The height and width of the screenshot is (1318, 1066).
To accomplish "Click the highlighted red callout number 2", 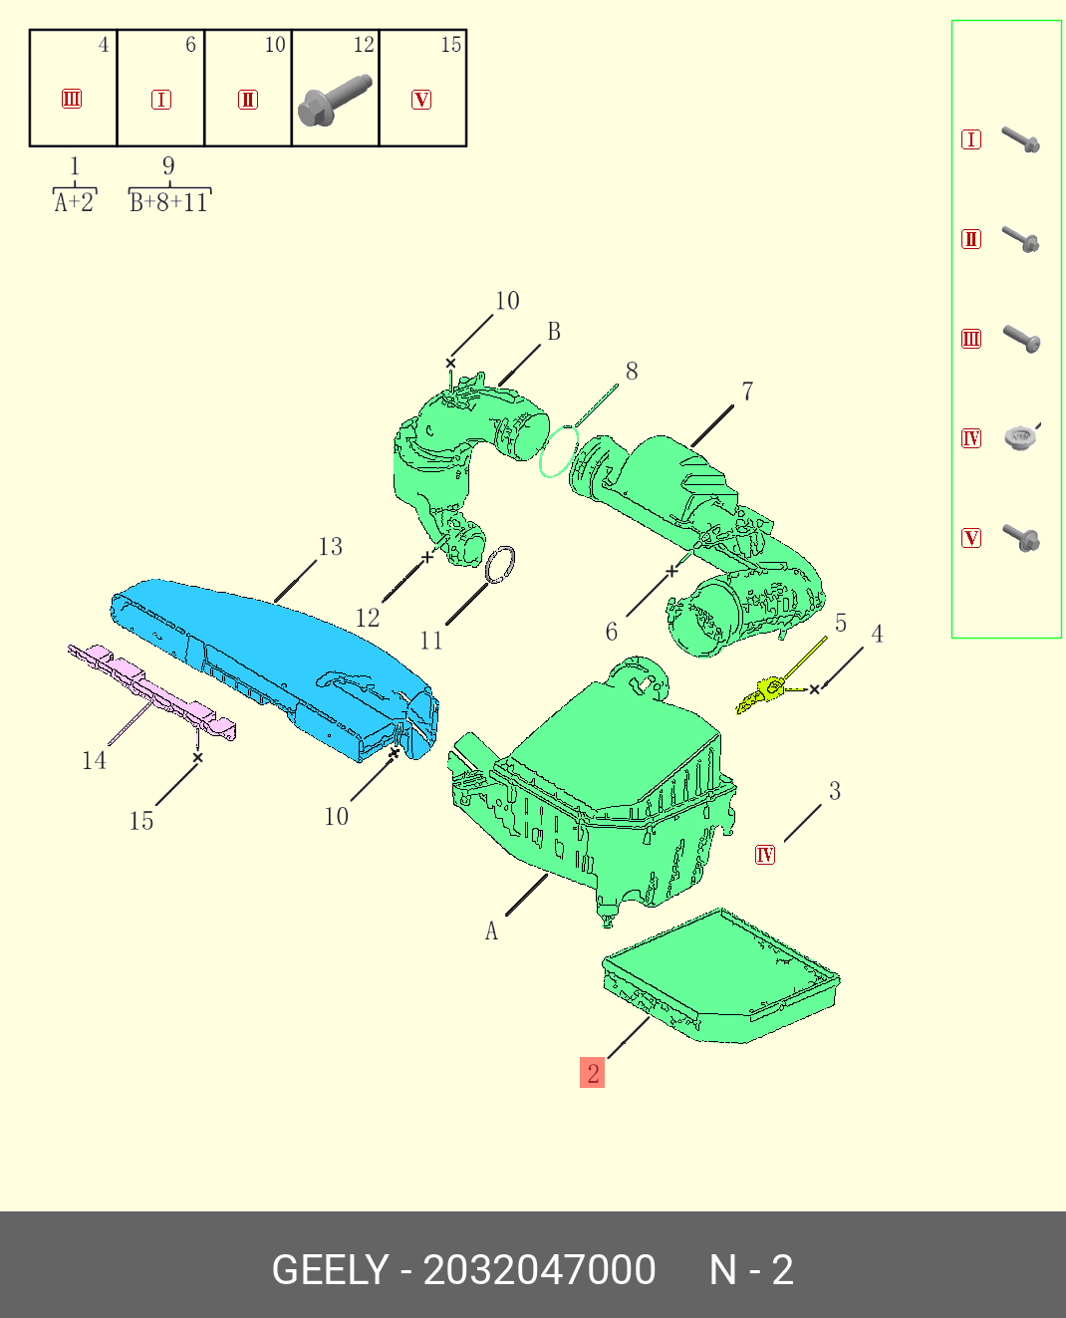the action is (x=592, y=1073).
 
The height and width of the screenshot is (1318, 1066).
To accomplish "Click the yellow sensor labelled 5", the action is (x=762, y=694).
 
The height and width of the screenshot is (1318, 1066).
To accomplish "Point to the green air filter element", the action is (x=720, y=976).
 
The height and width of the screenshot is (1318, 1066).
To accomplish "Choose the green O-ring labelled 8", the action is (x=559, y=451).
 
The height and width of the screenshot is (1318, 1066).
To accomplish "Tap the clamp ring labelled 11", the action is (x=500, y=564).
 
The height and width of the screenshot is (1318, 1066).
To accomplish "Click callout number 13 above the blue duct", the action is (x=330, y=546).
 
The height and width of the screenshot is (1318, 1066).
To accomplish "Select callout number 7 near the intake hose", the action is (x=747, y=392).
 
